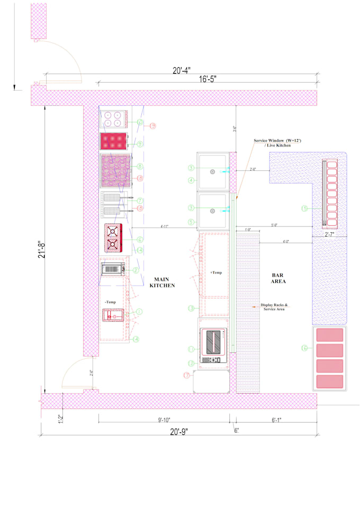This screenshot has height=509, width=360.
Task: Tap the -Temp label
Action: pos(111,302)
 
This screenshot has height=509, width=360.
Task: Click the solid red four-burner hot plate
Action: pos(114,141)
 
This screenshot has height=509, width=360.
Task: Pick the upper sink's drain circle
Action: pos(212,171)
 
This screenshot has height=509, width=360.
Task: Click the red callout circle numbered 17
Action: pos(186,375)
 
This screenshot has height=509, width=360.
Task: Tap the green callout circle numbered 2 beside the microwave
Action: pos(136,270)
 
